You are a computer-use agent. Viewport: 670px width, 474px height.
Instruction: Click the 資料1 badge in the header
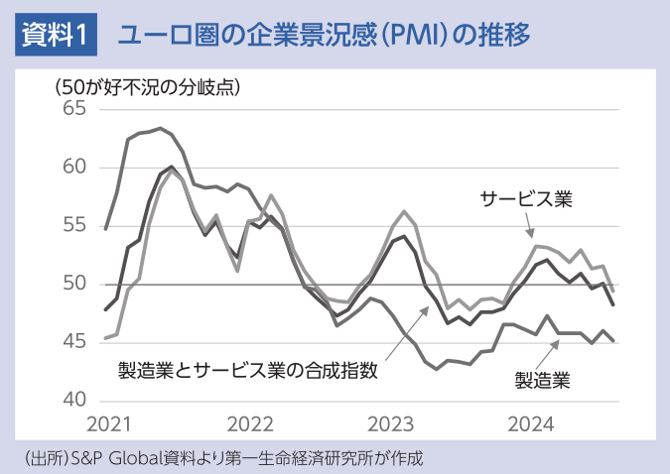click(x=55, y=37)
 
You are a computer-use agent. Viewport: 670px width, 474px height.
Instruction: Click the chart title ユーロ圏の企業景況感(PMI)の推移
click(x=324, y=37)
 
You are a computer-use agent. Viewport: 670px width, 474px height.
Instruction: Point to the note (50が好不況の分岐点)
click(x=149, y=86)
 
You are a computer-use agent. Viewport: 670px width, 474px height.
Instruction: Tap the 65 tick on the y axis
click(x=75, y=109)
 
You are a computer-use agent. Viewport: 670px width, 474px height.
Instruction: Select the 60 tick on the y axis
click(x=75, y=168)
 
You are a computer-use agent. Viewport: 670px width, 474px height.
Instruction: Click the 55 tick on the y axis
click(x=75, y=226)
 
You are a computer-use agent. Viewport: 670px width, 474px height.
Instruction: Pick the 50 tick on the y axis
click(x=75, y=285)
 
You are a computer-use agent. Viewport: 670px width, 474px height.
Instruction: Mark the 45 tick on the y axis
click(x=75, y=343)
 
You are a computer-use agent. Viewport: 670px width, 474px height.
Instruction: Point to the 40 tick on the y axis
click(x=75, y=401)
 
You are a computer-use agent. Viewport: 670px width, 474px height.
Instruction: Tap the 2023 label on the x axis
click(x=390, y=425)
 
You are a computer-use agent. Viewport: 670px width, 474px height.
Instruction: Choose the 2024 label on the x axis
click(x=530, y=425)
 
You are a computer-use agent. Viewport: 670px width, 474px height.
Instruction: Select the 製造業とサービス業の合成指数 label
click(x=248, y=371)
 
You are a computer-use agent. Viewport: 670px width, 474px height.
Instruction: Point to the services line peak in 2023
click(x=404, y=211)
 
